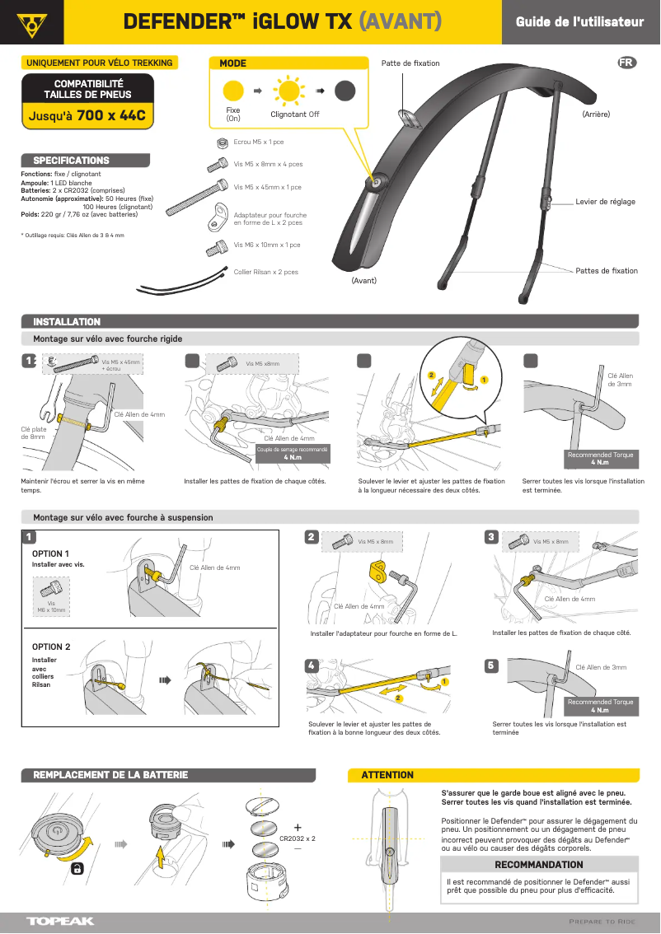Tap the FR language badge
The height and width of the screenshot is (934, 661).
(x=626, y=63)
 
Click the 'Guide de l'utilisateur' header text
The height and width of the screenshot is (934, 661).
(x=579, y=22)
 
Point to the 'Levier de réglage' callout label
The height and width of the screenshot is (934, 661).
(x=605, y=202)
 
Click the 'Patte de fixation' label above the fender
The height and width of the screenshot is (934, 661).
(x=410, y=63)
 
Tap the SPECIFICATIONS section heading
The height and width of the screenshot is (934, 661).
(x=71, y=160)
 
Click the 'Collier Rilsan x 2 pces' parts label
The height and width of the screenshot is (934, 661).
(x=265, y=272)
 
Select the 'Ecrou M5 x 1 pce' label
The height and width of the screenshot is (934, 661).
(x=259, y=142)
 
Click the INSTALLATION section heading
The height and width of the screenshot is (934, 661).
(x=67, y=321)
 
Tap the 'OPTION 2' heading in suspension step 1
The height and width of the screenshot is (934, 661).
(x=51, y=647)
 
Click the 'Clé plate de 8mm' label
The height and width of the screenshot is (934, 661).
(x=33, y=432)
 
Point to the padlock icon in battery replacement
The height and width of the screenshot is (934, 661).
(x=77, y=869)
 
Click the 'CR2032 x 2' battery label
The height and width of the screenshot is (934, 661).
(x=298, y=838)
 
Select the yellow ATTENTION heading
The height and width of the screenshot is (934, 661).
(x=387, y=775)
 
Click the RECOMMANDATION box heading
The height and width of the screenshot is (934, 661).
(x=538, y=865)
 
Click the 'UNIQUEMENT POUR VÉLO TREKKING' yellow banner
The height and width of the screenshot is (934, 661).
(x=100, y=63)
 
